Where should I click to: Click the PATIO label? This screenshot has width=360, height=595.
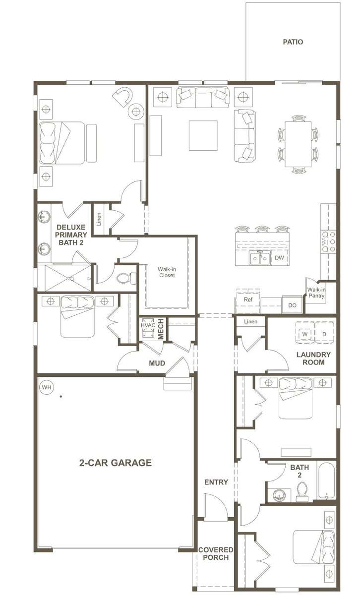coord(293,42)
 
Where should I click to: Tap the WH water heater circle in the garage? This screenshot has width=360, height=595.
coord(47,387)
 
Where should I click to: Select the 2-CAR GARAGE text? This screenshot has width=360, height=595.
coord(116,463)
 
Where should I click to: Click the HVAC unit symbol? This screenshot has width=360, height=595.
coord(148,328)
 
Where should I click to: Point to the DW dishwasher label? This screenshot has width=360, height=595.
coord(279,258)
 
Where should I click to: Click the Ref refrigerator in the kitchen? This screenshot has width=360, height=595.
coord(248,300)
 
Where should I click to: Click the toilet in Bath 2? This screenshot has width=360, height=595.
coord(302,492)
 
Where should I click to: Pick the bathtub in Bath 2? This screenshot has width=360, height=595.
coord(327,481)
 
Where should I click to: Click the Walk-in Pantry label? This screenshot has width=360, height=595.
coord(316,293)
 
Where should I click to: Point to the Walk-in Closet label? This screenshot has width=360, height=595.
coord(167,272)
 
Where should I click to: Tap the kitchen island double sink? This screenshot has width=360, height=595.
coord(260,258)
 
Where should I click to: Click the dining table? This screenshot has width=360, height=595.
coord(298,144)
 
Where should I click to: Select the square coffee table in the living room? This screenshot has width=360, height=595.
coord(203,135)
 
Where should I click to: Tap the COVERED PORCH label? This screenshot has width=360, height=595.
coord(216,553)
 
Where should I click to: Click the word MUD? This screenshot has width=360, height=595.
coord(157,363)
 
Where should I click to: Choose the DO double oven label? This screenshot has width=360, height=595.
coord(292,305)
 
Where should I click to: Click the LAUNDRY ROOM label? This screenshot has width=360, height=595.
coord(313,358)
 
